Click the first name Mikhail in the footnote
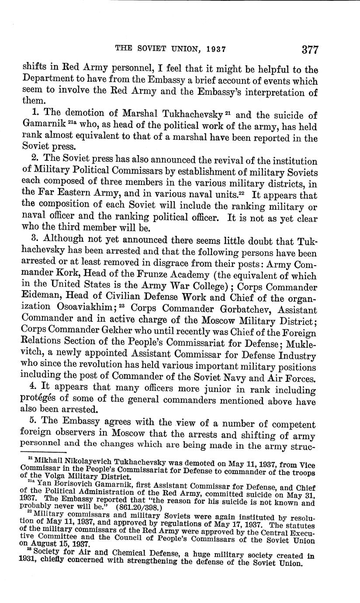click(x=47, y=463)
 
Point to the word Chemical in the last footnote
click(x=123, y=555)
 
